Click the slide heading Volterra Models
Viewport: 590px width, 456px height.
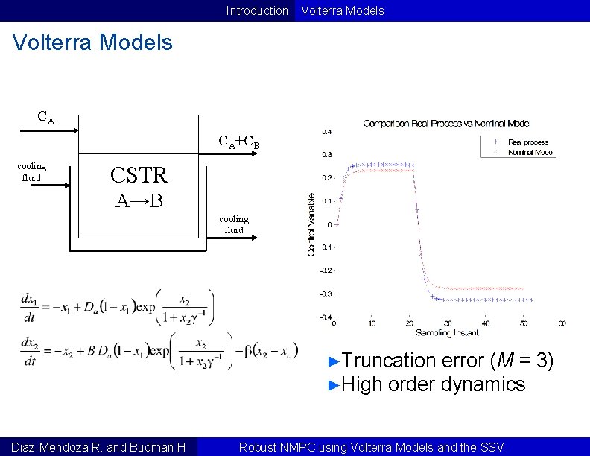pyautogui.click(x=93, y=42)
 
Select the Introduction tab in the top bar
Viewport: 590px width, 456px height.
pyautogui.click(x=257, y=10)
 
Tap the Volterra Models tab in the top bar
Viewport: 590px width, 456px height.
pyautogui.click(x=340, y=10)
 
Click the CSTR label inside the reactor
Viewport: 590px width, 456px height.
pyautogui.click(x=139, y=175)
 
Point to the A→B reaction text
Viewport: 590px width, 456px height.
pyautogui.click(x=139, y=200)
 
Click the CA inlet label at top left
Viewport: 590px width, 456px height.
pyautogui.click(x=45, y=117)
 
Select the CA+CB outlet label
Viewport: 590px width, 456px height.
pyautogui.click(x=238, y=141)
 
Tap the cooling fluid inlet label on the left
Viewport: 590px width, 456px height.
pyautogui.click(x=31, y=171)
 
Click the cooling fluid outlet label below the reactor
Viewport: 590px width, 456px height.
pyautogui.click(x=234, y=224)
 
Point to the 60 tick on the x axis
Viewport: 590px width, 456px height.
pyautogui.click(x=561, y=323)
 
